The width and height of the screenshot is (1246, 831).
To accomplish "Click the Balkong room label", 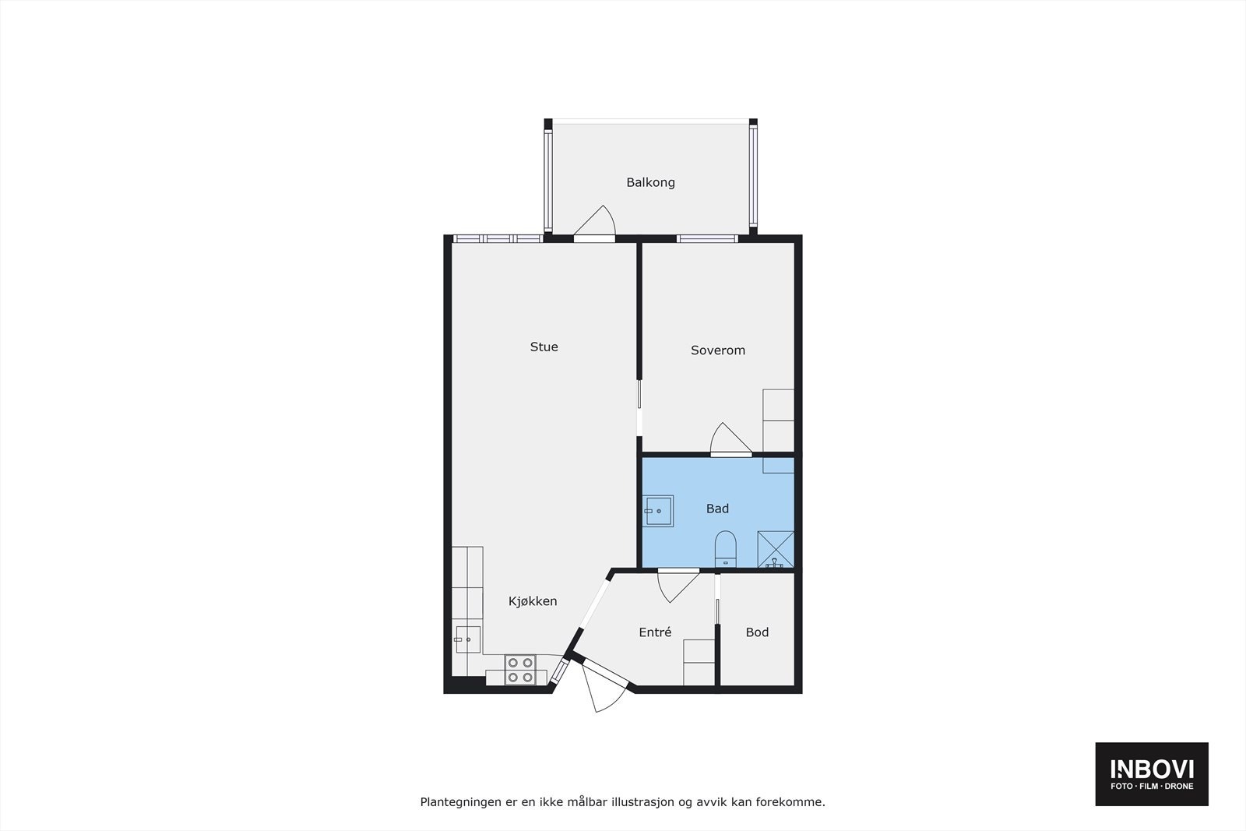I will point(650,182).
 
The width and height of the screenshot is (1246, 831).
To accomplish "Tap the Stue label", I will point(544,347).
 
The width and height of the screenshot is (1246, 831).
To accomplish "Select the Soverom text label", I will point(717,350).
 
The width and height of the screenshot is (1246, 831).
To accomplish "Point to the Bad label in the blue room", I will point(717,509).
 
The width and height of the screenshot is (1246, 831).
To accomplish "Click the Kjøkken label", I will point(533,601).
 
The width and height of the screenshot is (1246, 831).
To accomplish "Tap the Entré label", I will point(655,632).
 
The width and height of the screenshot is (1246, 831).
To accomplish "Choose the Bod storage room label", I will point(757,632).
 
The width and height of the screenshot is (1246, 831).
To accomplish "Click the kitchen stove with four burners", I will point(520,670).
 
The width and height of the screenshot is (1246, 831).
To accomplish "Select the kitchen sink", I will point(467,639).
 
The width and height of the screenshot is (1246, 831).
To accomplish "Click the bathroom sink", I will point(659,511).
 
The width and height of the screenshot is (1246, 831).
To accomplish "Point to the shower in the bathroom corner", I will point(776,549).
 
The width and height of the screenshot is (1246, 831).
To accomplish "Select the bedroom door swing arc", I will point(730,439).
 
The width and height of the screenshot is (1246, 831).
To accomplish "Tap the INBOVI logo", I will point(1152,773).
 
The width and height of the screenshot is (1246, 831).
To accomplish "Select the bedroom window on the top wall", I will point(706,238).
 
